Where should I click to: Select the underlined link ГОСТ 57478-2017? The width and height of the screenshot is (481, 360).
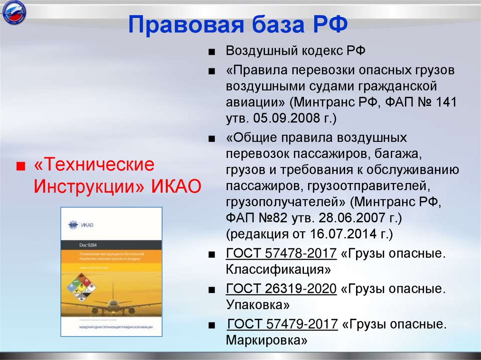click(281, 254)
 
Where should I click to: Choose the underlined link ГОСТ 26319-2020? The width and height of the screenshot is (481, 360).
click(281, 289)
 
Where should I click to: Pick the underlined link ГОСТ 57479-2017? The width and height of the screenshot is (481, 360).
click(282, 324)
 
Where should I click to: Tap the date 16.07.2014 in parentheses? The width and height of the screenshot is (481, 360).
click(346, 233)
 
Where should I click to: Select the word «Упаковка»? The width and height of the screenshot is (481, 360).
click(257, 305)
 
